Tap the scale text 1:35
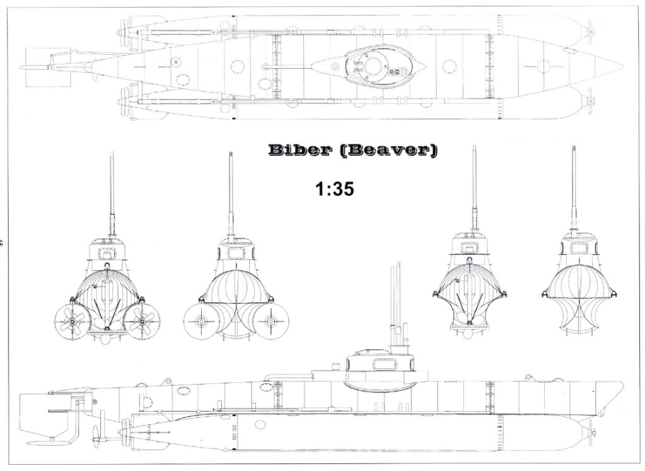coord(334,190)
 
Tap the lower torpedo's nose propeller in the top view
coord(590,102)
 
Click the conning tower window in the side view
coord(383,364)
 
